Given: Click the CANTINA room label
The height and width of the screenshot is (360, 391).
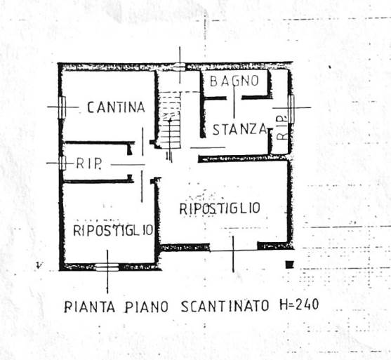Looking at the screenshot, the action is click(116, 107).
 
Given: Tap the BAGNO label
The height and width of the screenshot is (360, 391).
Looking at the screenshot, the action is click(234, 81).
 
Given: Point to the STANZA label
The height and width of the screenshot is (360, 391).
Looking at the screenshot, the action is click(240, 130).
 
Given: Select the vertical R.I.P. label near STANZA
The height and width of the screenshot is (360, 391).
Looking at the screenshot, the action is click(281, 128).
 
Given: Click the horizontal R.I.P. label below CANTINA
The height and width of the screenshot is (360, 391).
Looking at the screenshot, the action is click(88, 164).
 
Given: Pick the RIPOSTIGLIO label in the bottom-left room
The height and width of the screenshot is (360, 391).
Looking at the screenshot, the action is click(113, 230).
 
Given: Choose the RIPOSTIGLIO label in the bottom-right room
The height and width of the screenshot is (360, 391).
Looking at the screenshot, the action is click(220, 208).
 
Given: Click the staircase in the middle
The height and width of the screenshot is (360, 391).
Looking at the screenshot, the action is click(170, 121).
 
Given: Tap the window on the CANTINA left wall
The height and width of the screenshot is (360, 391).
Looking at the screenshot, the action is click(62, 107).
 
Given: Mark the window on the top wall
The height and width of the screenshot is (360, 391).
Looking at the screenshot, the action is click(180, 67).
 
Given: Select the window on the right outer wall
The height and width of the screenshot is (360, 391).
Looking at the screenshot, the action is click(291, 109).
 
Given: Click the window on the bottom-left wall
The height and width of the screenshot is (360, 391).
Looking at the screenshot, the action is click(107, 267).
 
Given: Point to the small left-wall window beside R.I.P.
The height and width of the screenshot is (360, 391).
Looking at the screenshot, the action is click(62, 163).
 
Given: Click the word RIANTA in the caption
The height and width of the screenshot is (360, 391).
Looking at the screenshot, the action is click(90, 307).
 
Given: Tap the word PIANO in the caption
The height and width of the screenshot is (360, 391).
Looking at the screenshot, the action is click(147, 307).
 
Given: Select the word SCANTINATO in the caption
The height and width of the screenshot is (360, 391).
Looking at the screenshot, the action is click(225, 306).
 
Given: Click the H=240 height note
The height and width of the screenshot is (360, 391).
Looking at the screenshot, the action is click(299, 305).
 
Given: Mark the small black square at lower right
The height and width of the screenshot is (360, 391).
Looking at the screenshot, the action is click(289, 265).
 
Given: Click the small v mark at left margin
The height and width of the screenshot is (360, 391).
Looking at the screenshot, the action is click(39, 265).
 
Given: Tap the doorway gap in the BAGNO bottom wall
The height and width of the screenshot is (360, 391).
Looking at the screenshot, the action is click(234, 98).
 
